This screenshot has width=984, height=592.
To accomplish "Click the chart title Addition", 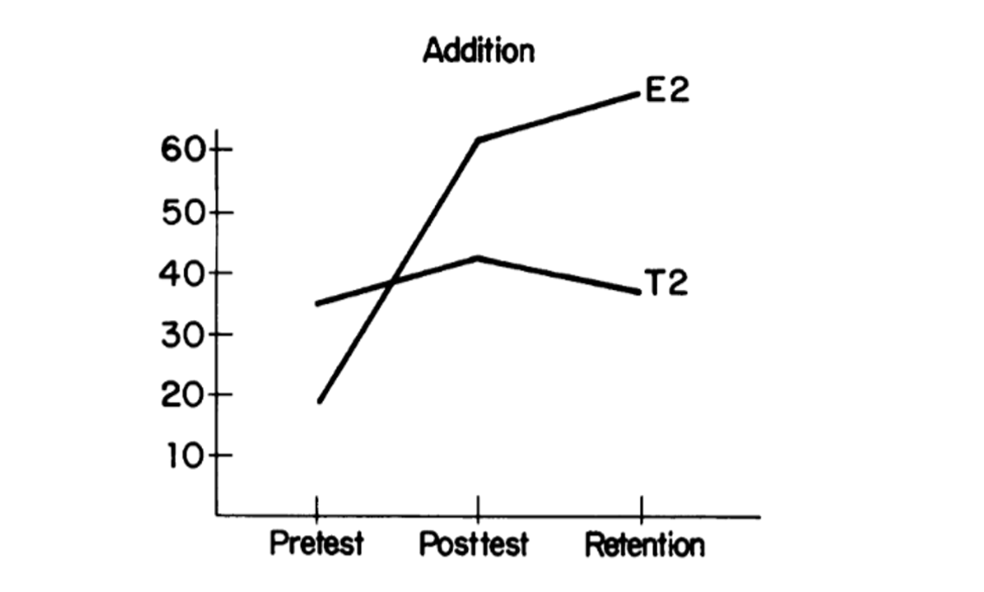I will click(478, 51).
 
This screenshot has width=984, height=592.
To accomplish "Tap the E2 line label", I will click(668, 90).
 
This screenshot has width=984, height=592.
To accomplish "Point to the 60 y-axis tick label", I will click(183, 150).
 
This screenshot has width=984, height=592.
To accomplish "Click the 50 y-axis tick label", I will click(183, 211).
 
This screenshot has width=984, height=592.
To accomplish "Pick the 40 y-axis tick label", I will click(183, 273).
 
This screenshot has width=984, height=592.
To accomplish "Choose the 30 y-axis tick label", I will click(183, 334).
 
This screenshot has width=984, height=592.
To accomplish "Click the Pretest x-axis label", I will click(317, 545).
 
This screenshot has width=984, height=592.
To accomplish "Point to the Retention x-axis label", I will click(645, 545).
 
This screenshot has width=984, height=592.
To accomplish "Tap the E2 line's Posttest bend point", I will click(477, 140).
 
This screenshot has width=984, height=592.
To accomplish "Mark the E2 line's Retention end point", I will click(639, 92).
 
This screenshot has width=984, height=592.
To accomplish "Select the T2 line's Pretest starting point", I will click(318, 304).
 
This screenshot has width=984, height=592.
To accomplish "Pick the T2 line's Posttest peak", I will click(477, 258).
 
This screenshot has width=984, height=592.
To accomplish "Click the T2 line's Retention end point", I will click(639, 292).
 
